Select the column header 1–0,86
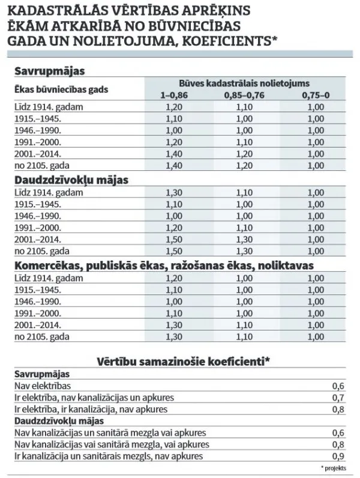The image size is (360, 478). pos(174,95)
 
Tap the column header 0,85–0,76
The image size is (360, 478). pos(244,95)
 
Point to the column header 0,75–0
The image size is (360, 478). pos(316,95)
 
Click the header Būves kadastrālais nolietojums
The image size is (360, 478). pos(244,83)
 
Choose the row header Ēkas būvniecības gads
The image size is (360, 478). pos(61,89)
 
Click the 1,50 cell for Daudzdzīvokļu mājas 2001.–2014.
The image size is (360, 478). pos(174,239)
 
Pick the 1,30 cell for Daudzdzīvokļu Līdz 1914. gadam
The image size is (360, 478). pos(174,193)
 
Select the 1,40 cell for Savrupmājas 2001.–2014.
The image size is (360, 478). pos(174,154)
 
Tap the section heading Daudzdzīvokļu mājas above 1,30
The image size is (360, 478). pos(71,180)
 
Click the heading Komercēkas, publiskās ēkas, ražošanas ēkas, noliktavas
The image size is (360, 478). pos(164,266)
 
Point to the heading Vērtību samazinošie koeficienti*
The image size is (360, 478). pos(184,362)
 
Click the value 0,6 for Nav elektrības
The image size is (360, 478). pos(338,386)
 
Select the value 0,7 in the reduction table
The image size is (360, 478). pos(338,398)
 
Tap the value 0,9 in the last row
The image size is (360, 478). pos(338,456)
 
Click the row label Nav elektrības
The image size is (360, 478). pos(43,386)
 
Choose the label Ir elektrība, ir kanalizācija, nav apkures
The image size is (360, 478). pos(91,409)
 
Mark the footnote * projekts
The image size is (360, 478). pos(334,468)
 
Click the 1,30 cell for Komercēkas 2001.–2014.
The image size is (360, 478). pos(174,325)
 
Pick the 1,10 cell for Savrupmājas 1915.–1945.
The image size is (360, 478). pos(174,119)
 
